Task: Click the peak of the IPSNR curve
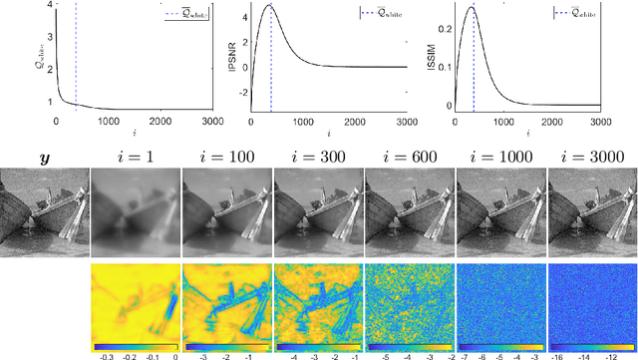(x=270, y=7)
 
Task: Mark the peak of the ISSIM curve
(x=472, y=9)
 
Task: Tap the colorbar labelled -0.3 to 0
(x=136, y=345)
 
